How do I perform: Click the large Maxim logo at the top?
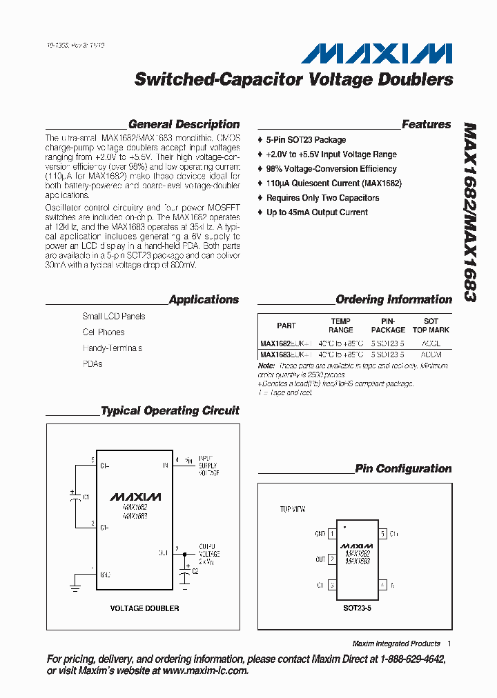click(x=380, y=53)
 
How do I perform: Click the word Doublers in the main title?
click(x=416, y=80)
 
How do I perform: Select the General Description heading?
click(x=184, y=125)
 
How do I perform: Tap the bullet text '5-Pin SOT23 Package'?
click(x=306, y=140)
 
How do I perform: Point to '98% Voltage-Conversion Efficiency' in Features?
click(x=331, y=169)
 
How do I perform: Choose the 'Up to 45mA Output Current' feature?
click(x=317, y=212)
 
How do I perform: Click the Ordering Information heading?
click(x=393, y=300)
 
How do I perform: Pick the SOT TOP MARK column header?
click(x=431, y=326)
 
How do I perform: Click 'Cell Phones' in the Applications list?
click(x=104, y=332)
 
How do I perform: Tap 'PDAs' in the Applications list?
click(x=92, y=364)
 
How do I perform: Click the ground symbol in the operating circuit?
click(x=74, y=587)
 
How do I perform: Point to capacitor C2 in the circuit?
click(x=185, y=572)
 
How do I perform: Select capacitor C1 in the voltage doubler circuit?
click(x=74, y=497)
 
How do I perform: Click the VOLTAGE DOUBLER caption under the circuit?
click(x=145, y=608)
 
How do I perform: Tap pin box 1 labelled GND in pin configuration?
click(x=332, y=534)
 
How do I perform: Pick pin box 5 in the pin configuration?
click(x=382, y=534)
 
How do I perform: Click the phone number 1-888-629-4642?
click(x=412, y=659)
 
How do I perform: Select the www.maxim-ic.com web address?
click(x=205, y=670)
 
